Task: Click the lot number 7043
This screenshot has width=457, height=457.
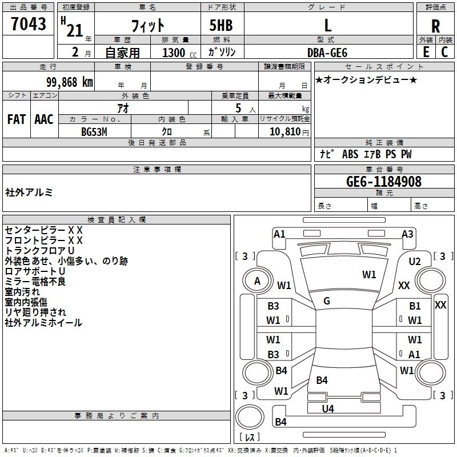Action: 29,23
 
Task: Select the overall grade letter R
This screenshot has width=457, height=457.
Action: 435,26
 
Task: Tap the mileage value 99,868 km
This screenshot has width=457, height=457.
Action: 70,82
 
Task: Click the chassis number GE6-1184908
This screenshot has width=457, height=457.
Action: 384,181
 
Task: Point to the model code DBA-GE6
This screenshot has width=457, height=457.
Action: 327,53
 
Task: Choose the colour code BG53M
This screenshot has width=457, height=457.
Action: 94,132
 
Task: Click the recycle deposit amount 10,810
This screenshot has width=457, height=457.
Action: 285,131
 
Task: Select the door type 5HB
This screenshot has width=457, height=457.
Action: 221,25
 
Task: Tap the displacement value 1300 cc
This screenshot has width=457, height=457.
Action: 179,53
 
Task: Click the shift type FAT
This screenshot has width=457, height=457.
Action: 17,119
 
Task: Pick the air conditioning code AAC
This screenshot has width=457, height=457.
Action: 44,119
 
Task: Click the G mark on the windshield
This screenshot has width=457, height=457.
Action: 327,300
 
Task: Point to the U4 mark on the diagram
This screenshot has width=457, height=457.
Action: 328,408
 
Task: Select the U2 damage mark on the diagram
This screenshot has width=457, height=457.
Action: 415,262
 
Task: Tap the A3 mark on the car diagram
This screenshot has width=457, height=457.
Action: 407,234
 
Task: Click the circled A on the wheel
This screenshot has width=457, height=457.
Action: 257,281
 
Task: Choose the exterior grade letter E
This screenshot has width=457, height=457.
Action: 426,52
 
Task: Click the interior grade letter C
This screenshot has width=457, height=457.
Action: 444,52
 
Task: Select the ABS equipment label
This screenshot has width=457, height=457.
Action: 350,154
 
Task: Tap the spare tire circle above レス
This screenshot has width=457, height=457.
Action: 250,417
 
